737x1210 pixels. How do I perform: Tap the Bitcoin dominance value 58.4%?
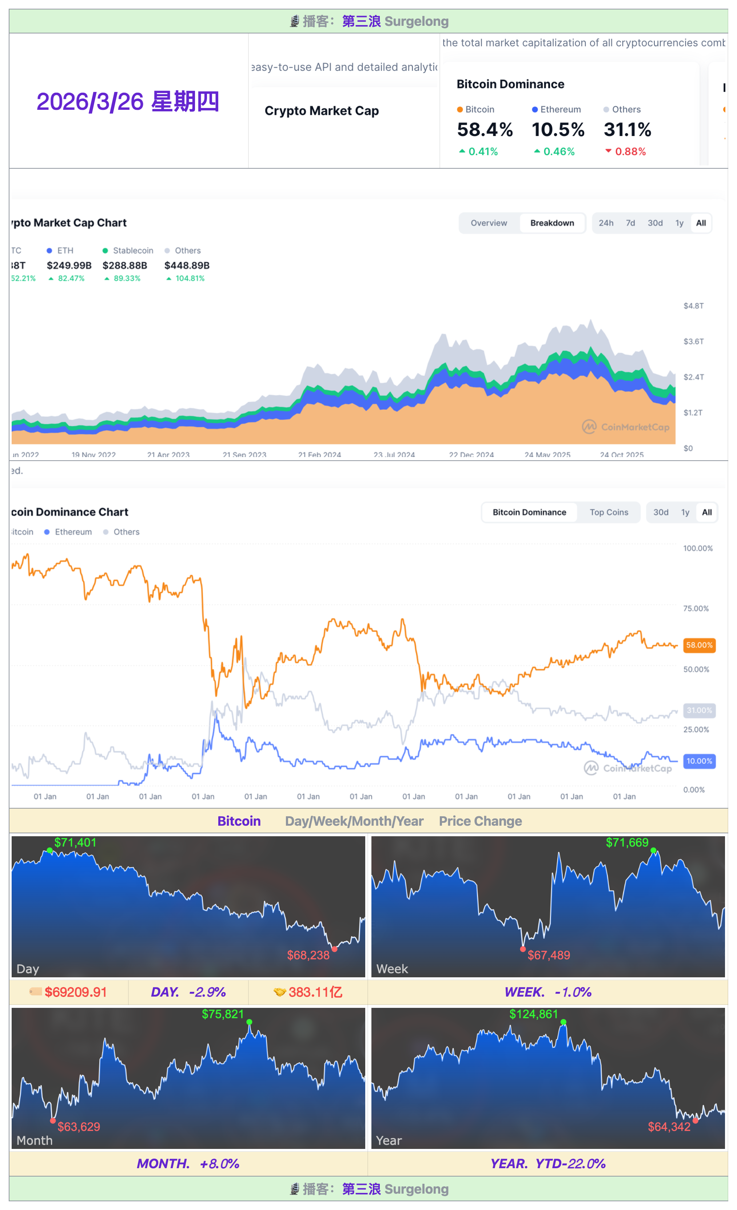pyautogui.click(x=485, y=130)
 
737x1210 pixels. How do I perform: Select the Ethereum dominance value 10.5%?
pyautogui.click(x=558, y=130)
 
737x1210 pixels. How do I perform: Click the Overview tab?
pyautogui.click(x=489, y=223)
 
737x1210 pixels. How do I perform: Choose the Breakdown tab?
pyautogui.click(x=552, y=223)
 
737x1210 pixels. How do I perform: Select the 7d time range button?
pyautogui.click(x=630, y=223)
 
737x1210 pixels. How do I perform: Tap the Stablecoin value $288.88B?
pyautogui.click(x=125, y=265)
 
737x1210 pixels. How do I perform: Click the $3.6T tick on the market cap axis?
pyautogui.click(x=693, y=341)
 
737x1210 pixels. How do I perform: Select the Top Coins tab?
pyautogui.click(x=609, y=512)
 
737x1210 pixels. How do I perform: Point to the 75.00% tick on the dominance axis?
pyautogui.click(x=696, y=608)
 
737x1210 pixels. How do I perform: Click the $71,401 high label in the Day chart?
pyautogui.click(x=75, y=843)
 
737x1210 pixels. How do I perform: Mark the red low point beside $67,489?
pyautogui.click(x=523, y=949)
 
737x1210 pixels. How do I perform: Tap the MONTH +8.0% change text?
pyautogui.click(x=188, y=1163)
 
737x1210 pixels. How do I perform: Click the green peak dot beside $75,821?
pyautogui.click(x=250, y=1022)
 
